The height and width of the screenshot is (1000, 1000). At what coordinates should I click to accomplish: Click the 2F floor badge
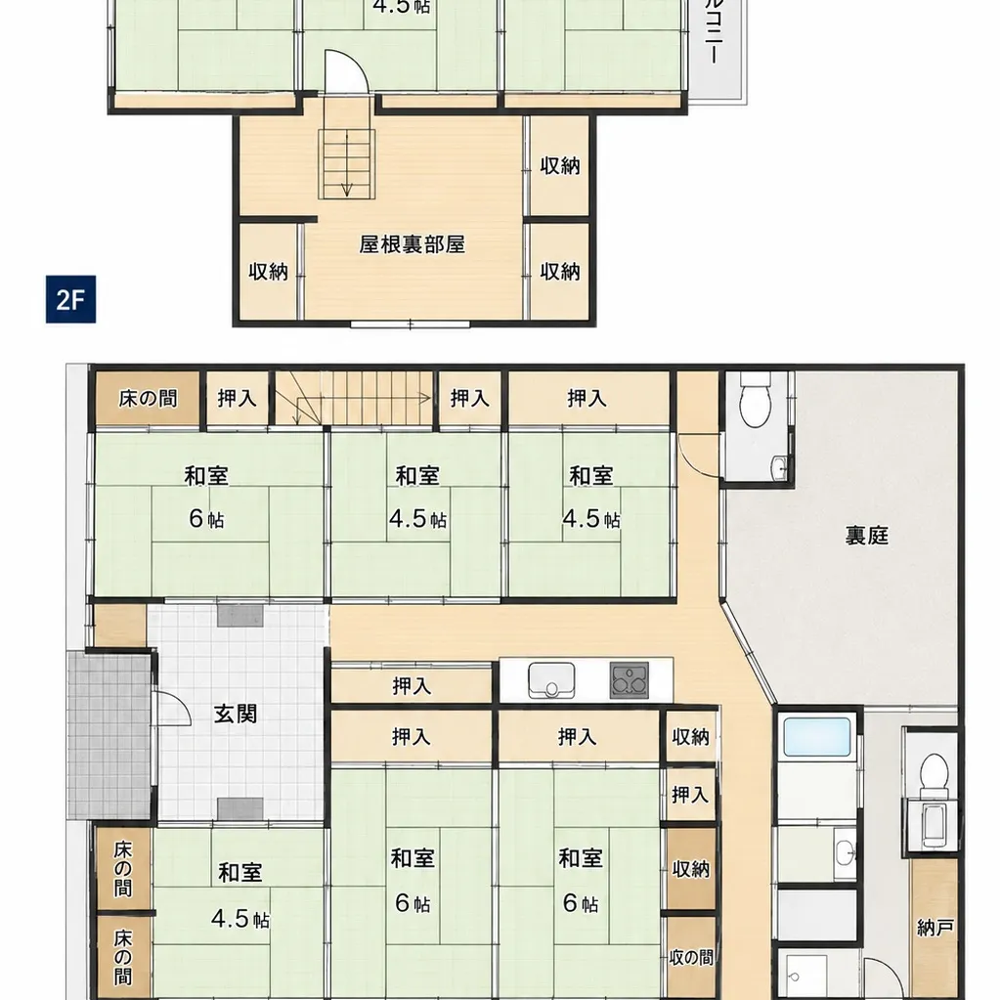click(70, 299)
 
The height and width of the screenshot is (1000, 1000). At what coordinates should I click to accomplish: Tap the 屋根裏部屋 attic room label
click(412, 244)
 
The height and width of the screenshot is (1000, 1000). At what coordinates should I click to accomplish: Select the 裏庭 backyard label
click(867, 535)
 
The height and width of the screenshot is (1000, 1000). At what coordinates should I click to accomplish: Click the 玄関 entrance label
click(236, 714)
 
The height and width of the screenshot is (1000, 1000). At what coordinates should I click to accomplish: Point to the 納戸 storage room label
click(935, 928)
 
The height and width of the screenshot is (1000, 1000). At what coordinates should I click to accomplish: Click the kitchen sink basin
click(551, 680)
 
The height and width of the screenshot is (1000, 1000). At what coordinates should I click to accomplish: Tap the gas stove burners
click(630, 680)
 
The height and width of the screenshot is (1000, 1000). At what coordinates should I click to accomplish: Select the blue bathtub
click(817, 737)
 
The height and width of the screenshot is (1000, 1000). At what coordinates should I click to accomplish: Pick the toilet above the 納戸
click(935, 774)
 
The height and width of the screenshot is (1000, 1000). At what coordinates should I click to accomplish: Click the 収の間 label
click(691, 957)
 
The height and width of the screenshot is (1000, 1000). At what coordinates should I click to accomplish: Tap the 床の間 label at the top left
click(148, 399)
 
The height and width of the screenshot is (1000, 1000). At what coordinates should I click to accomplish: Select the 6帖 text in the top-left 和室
click(206, 518)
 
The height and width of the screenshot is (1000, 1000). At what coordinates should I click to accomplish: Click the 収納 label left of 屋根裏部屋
click(269, 272)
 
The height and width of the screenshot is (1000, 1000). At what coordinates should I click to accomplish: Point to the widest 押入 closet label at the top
click(587, 399)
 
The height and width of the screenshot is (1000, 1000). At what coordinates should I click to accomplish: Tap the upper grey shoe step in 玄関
click(239, 616)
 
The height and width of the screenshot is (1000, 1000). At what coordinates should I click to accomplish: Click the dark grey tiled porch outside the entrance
click(109, 735)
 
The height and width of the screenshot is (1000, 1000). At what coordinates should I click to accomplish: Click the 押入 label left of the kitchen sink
click(412, 686)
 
